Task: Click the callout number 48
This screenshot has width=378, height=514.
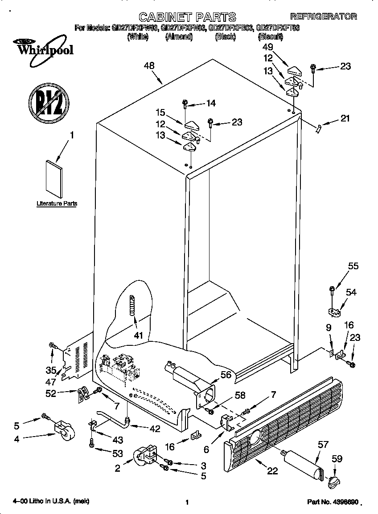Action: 149,66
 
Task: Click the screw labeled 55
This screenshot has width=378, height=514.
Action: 332,290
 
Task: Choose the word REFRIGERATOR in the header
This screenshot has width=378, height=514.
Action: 323,16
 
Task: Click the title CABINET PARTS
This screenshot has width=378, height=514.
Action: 187,17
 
